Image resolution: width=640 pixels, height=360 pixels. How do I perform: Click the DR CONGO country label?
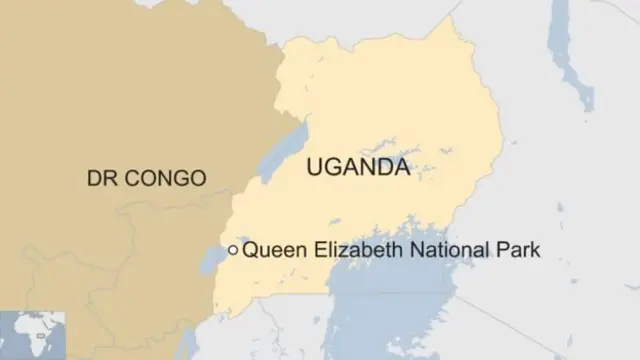pos(146,179)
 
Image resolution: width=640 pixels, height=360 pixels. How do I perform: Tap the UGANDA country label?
pos(357,168)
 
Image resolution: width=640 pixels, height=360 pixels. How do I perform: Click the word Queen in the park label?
pos(273,250)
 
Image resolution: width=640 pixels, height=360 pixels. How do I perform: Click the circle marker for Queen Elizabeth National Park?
pos(233,250)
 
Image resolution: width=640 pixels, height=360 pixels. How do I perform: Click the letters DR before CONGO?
pos(100,179)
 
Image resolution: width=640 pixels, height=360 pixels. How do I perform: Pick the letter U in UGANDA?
pos(315,168)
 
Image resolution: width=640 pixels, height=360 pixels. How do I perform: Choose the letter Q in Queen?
pos(250,250)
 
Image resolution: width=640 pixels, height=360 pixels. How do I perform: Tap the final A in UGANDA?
pos(400,168)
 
